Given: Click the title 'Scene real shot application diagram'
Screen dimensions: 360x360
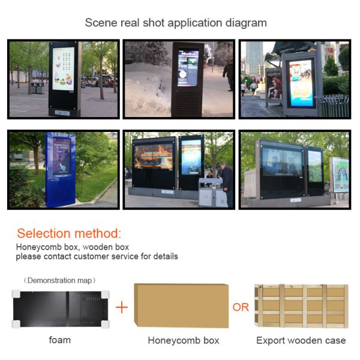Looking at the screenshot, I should (175, 23).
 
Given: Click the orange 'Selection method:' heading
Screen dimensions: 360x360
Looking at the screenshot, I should (69, 233).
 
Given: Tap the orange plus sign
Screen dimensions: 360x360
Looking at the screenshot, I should (122, 307).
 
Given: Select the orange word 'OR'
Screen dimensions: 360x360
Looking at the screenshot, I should (241, 307).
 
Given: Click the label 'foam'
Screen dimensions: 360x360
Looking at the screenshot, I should (59, 340).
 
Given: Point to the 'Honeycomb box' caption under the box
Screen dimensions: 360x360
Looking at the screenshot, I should (183, 340).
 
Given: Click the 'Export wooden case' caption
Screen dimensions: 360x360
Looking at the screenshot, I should (301, 340).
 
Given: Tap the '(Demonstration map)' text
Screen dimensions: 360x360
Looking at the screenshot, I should (59, 280).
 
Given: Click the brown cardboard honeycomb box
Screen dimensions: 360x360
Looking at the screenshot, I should (182, 306).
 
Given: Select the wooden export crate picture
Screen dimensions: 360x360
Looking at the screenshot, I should (301, 306).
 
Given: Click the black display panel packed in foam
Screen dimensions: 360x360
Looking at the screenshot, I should (59, 308).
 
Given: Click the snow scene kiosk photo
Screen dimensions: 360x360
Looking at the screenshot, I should (179, 79).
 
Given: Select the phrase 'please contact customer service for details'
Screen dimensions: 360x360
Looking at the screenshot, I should (97, 256).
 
